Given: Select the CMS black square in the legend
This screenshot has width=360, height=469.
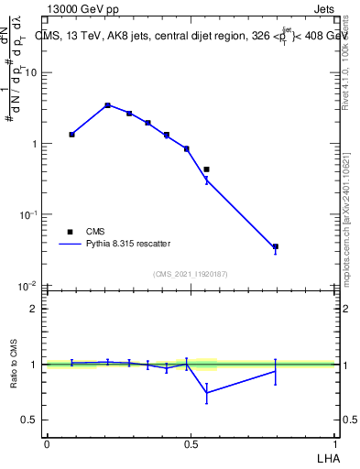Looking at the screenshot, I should click(x=70, y=232).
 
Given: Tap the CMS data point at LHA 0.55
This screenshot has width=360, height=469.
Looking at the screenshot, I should click(x=206, y=169).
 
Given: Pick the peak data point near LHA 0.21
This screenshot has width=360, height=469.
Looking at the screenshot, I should click(x=107, y=105).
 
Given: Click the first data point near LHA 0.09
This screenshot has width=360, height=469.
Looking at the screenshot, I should click(x=71, y=135).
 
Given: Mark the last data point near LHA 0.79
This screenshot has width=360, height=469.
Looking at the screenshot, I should click(x=275, y=246).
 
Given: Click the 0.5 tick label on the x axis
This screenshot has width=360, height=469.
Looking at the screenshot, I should click(x=191, y=444).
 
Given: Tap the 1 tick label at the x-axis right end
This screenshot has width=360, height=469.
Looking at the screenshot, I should click(x=336, y=444).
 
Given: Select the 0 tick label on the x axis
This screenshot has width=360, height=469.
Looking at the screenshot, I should click(x=47, y=444).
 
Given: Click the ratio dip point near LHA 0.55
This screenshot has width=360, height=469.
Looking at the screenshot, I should click(x=206, y=392).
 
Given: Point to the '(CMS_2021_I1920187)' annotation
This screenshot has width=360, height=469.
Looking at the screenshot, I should click(x=191, y=273).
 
